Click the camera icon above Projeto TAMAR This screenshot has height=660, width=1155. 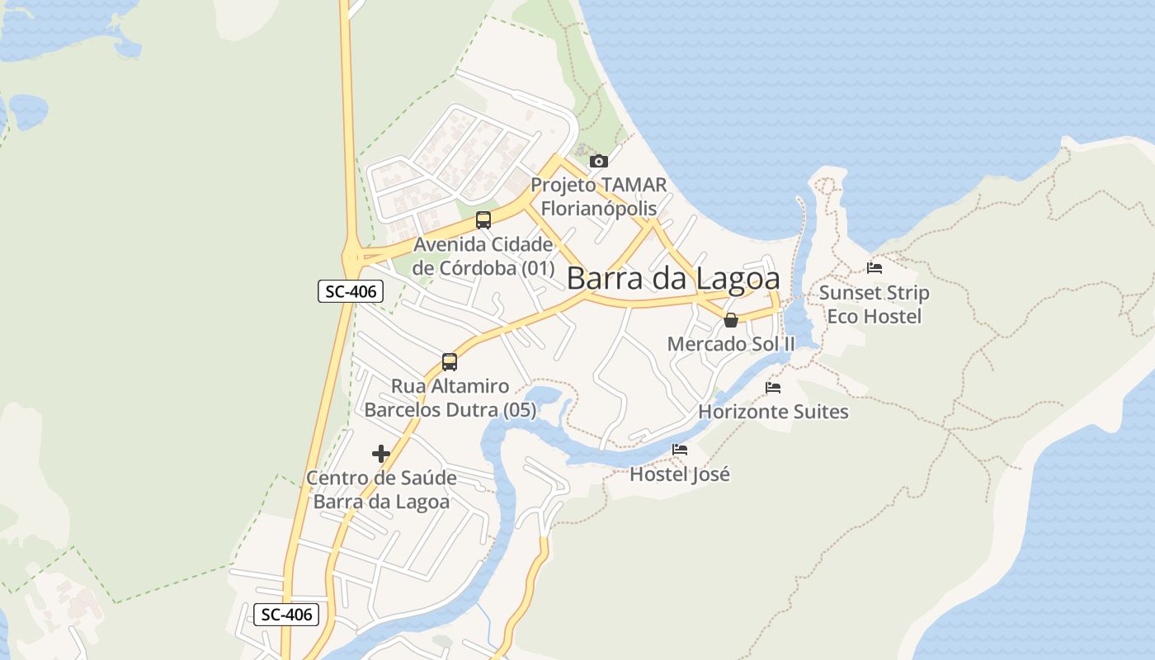599,161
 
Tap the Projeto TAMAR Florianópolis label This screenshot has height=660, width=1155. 599,196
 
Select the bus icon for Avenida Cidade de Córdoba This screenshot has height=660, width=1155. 483,220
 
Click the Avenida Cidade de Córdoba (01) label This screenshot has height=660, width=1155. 483,256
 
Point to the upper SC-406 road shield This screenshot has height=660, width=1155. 351,291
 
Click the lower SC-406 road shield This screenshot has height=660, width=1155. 286,614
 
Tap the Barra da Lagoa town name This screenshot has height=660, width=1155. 673,279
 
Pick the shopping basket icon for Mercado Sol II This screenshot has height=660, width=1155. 731,320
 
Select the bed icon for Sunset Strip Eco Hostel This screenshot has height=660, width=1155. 874,268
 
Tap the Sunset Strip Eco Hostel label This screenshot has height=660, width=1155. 874,304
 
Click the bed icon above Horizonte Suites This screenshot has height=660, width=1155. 773,387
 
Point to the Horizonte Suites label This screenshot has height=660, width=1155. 773,411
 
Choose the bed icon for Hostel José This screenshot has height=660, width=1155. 680,450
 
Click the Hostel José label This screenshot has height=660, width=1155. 680,474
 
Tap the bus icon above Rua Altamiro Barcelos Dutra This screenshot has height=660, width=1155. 450,361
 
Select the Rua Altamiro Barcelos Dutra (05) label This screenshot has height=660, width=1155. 450,398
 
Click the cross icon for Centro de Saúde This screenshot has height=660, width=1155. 381,454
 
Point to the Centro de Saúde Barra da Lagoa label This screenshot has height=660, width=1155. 381,490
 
